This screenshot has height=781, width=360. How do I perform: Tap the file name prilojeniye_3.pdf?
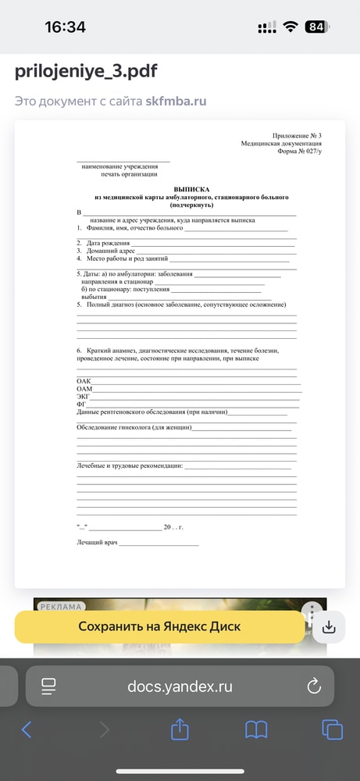click(x=86, y=72)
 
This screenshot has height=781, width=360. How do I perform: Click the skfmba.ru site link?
click(x=176, y=102)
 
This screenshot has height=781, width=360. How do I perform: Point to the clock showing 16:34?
click(x=65, y=27)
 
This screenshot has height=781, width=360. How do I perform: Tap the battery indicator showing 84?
click(x=316, y=27)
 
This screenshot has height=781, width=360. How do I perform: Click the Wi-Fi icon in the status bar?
click(x=290, y=27)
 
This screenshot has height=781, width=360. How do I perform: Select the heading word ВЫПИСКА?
click(x=191, y=190)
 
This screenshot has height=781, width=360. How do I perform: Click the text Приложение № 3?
click(x=297, y=136)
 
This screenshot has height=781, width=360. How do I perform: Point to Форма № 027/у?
click(x=299, y=151)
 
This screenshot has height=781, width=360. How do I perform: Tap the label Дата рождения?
click(x=110, y=243)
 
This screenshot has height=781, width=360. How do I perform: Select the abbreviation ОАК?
click(x=84, y=380)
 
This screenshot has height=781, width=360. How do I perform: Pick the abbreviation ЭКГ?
click(x=83, y=396)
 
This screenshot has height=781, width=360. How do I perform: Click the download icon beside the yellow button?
click(x=329, y=627)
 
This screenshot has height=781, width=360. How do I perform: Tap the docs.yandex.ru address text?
click(x=180, y=686)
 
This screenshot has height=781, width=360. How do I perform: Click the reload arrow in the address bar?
click(x=314, y=686)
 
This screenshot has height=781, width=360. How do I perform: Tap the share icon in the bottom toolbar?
click(x=180, y=729)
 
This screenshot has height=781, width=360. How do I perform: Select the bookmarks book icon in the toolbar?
click(x=256, y=729)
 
